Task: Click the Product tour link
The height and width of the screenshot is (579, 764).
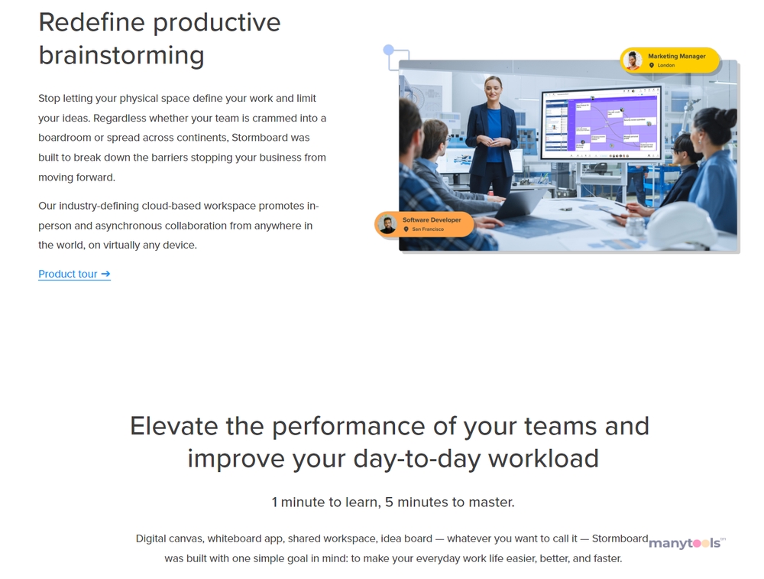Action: coord(74,274)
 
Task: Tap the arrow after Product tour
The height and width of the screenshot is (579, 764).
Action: coord(105,274)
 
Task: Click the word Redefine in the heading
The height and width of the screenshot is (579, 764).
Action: coord(92,22)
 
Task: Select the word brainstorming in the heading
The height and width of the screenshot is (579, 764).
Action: coord(121,55)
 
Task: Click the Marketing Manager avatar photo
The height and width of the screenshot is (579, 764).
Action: coord(633,60)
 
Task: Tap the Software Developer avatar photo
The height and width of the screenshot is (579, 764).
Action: coord(387,224)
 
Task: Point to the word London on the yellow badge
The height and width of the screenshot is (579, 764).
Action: coord(666,65)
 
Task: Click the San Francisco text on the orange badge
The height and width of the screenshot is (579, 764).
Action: coord(428,229)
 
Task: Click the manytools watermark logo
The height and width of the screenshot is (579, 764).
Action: coord(687,543)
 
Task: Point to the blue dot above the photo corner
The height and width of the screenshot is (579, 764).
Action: coord(388,49)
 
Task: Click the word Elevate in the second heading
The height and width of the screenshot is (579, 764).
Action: coord(173,426)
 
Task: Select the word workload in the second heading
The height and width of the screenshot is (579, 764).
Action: coord(543,459)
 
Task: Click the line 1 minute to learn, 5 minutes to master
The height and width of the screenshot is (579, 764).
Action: coord(393,502)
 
